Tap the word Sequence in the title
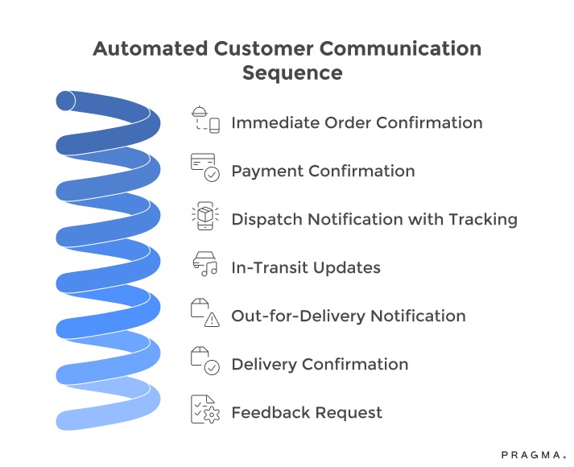coord(292,73)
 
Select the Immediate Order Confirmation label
coord(357,123)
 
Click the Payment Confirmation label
coord(323,172)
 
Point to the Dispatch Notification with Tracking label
coord(374,220)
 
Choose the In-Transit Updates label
coord(306,268)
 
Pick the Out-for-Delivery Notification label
coord(349,316)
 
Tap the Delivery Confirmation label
coord(320,365)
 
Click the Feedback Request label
coord(307,413)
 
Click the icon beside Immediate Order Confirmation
coord(204,119)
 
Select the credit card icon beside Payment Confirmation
coord(204,167)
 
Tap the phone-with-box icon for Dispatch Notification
coord(204,217)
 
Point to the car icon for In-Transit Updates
coord(204,265)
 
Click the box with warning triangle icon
coord(204,313)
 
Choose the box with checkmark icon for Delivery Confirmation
coord(204,362)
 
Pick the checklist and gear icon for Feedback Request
coord(204,410)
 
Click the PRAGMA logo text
coord(533,455)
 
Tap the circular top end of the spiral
coord(65,101)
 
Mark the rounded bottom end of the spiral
coord(64,420)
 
